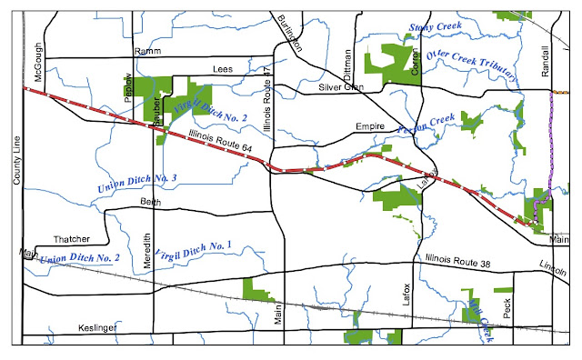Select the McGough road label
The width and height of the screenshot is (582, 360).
(40, 63)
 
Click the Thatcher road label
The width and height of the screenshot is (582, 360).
(73, 238)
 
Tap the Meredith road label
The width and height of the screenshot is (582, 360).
(148, 249)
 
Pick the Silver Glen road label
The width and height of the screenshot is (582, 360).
(340, 87)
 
